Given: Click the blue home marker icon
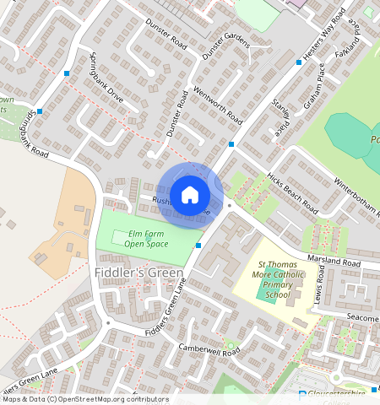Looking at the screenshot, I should (x=190, y=195).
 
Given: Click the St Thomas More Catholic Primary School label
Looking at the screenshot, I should (x=278, y=280).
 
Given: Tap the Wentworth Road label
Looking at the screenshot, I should (x=220, y=106).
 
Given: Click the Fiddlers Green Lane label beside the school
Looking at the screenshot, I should (x=165, y=307).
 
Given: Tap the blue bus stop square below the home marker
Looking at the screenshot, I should (x=198, y=245).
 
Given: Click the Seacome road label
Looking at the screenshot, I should (x=361, y=316).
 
